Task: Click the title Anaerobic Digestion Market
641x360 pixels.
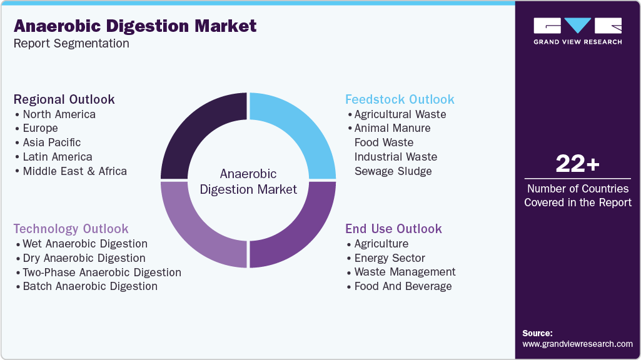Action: [135, 26]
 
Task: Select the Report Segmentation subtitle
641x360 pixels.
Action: [71, 43]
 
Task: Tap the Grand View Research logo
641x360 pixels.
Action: [577, 31]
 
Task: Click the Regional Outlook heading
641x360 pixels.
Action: [64, 99]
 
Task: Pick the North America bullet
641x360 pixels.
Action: [59, 114]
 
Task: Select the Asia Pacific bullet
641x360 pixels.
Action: [51, 142]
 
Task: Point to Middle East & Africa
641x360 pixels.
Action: [74, 171]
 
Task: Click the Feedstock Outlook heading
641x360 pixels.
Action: [400, 99]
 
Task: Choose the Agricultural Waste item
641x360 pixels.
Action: [400, 114]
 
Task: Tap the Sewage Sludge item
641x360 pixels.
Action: [393, 171]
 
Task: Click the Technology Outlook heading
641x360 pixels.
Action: [71, 229]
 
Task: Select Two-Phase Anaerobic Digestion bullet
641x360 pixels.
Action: [102, 272]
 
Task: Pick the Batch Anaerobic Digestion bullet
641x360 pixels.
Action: [90, 286]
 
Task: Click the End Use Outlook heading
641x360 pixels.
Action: [393, 229]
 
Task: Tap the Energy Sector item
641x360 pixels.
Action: [390, 258]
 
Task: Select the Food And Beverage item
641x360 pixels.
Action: [403, 286]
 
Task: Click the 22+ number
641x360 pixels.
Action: [577, 164]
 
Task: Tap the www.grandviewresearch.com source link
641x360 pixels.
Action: [577, 344]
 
